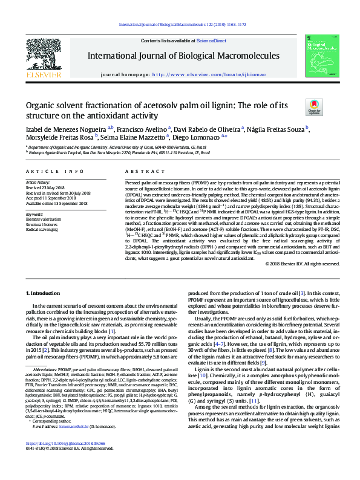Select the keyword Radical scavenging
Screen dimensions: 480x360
click(x=41, y=230)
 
